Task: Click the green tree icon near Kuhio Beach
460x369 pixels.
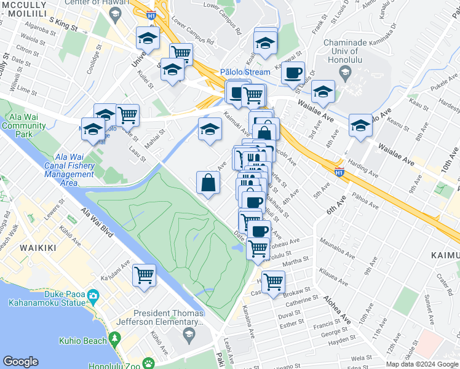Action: (x=114, y=339)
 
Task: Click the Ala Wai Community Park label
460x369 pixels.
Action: (x=23, y=125)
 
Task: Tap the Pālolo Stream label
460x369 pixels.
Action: (x=245, y=72)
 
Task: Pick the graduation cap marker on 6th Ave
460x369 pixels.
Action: (x=360, y=125)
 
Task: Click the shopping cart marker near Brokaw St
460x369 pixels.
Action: (x=273, y=281)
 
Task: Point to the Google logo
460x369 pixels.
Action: (x=20, y=362)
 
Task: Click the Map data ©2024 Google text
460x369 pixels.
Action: (x=422, y=364)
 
